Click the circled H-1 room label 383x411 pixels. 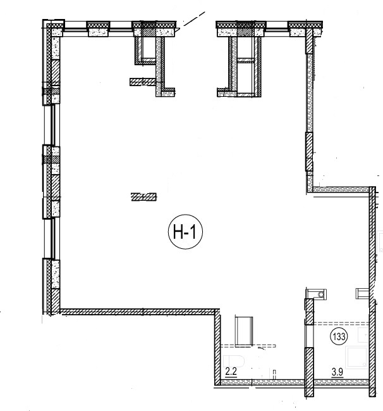pyautogui.click(x=185, y=232)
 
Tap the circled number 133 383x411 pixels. pyautogui.click(x=339, y=336)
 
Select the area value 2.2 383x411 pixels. pyautogui.click(x=231, y=372)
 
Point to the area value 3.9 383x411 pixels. pyautogui.click(x=337, y=372)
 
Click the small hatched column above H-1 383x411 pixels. pyautogui.click(x=143, y=197)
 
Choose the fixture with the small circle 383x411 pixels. pyautogui.click(x=317, y=294)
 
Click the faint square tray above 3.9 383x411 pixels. pyautogui.click(x=357, y=357)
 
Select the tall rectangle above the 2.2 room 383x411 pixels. pyautogui.click(x=244, y=331)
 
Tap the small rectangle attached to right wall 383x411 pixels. pyautogui.click(x=363, y=293)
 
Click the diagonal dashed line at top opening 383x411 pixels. pyautogui.click(x=193, y=19)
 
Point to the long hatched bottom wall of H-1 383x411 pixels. pyautogui.click(x=138, y=312)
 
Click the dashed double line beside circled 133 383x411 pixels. pyautogui.click(x=341, y=324)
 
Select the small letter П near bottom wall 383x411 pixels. pyautogui.click(x=274, y=372)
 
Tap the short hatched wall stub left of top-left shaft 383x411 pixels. pyautogui.click(x=143, y=82)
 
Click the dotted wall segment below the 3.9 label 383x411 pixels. pyautogui.click(x=341, y=382)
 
